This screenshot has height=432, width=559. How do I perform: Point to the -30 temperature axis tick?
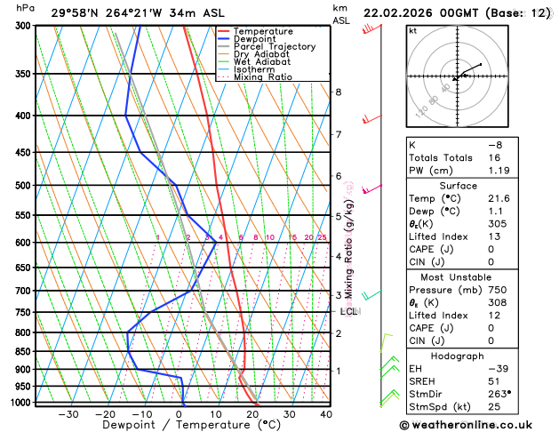pyautogui.click(x=68, y=414)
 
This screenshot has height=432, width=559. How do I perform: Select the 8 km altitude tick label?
pyautogui.click(x=338, y=92)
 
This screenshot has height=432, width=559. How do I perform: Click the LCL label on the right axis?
pyautogui.click(x=348, y=312)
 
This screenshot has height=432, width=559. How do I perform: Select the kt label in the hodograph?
pyautogui.click(x=413, y=30)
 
